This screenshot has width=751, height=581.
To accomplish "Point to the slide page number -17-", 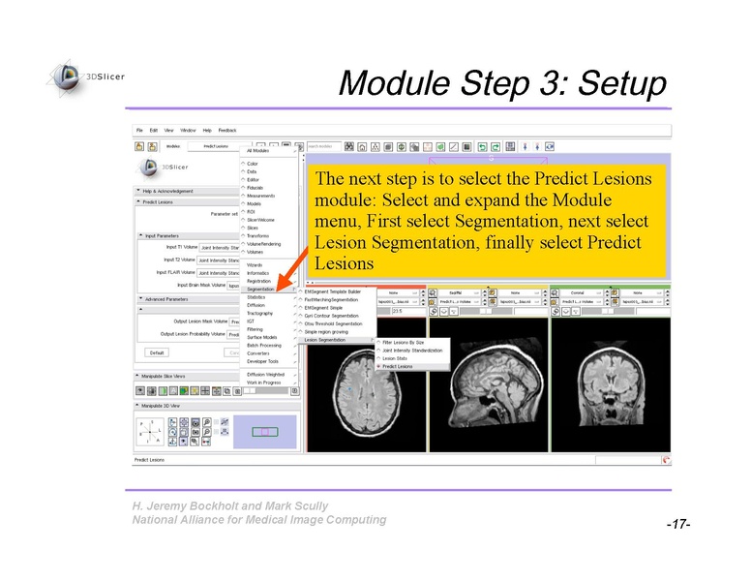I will click(x=676, y=524).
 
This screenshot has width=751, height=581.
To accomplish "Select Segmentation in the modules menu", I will click(x=261, y=290).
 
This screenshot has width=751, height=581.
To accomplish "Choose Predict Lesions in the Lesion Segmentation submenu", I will click(x=398, y=367).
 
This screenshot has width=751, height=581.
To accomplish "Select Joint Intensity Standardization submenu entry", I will click(x=412, y=351).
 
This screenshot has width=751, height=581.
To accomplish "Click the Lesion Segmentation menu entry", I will click(x=325, y=340).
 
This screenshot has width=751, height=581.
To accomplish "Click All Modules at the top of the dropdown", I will click(x=259, y=151).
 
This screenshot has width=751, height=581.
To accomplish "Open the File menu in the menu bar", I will click(x=139, y=130).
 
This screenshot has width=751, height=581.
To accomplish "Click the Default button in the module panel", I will click(x=156, y=352).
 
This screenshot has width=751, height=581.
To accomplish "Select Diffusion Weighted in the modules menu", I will click(x=265, y=374).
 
